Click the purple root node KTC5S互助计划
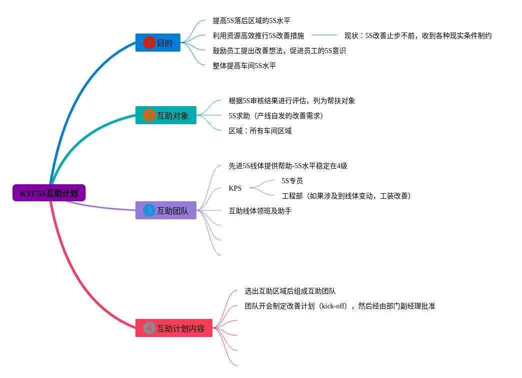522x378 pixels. pyautogui.click(x=49, y=193)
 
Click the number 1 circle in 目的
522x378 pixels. pyautogui.click(x=149, y=43)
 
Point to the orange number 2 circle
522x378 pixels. pyautogui.click(x=149, y=116)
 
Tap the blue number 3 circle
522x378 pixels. pyautogui.click(x=149, y=211)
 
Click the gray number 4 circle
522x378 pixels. pyautogui.click(x=149, y=328)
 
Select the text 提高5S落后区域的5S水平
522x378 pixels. pyautogui.click(x=251, y=21)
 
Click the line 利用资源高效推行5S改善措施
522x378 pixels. pyautogui.click(x=258, y=36)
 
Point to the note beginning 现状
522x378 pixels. pyautogui.click(x=417, y=36)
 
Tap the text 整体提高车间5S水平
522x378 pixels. pyautogui.click(x=244, y=66)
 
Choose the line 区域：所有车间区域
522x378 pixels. pyautogui.click(x=260, y=131)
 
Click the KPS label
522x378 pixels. pyautogui.click(x=235, y=188)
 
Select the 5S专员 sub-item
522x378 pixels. pyautogui.click(x=292, y=181)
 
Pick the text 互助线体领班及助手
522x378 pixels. pyautogui.click(x=260, y=211)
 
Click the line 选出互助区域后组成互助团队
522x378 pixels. pyautogui.click(x=290, y=291)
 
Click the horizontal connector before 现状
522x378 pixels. pyautogui.click(x=324, y=35)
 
